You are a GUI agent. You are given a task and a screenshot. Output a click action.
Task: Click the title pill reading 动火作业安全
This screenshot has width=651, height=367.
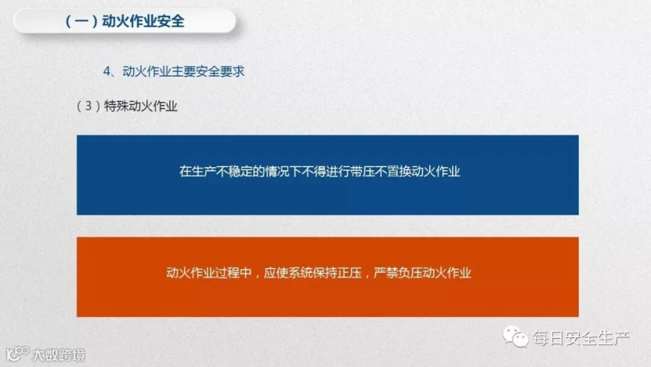pyautogui.click(x=124, y=21)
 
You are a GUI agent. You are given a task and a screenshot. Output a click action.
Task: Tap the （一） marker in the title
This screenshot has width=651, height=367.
pyautogui.click(x=81, y=21)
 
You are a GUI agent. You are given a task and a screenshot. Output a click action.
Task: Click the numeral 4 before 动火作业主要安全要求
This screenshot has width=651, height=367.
pyautogui.click(x=107, y=72)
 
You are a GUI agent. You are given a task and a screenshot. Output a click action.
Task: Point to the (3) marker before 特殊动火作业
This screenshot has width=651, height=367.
pyautogui.click(x=88, y=106)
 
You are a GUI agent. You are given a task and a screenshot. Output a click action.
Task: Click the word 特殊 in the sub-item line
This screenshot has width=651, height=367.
pyautogui.click(x=116, y=106)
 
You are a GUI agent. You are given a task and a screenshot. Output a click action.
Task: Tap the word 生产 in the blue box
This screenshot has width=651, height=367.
pyautogui.click(x=204, y=172)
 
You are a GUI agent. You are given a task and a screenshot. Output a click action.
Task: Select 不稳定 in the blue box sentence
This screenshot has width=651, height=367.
pyautogui.click(x=234, y=172)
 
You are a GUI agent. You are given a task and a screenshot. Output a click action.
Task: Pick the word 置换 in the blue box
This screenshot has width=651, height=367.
pyautogui.click(x=399, y=172)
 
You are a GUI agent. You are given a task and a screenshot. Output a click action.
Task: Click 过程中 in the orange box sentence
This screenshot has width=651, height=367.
pyautogui.click(x=234, y=273)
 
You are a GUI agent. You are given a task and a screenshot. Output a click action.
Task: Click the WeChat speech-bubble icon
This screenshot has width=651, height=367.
pyautogui.click(x=515, y=337)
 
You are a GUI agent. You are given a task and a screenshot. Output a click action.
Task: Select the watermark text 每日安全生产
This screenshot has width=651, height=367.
pyautogui.click(x=582, y=338)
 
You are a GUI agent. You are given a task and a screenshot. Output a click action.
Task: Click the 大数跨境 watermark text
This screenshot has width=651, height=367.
pyautogui.click(x=59, y=355)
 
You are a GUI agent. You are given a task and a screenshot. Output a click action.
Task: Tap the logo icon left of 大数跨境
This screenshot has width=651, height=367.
pyautogui.click(x=17, y=354)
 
